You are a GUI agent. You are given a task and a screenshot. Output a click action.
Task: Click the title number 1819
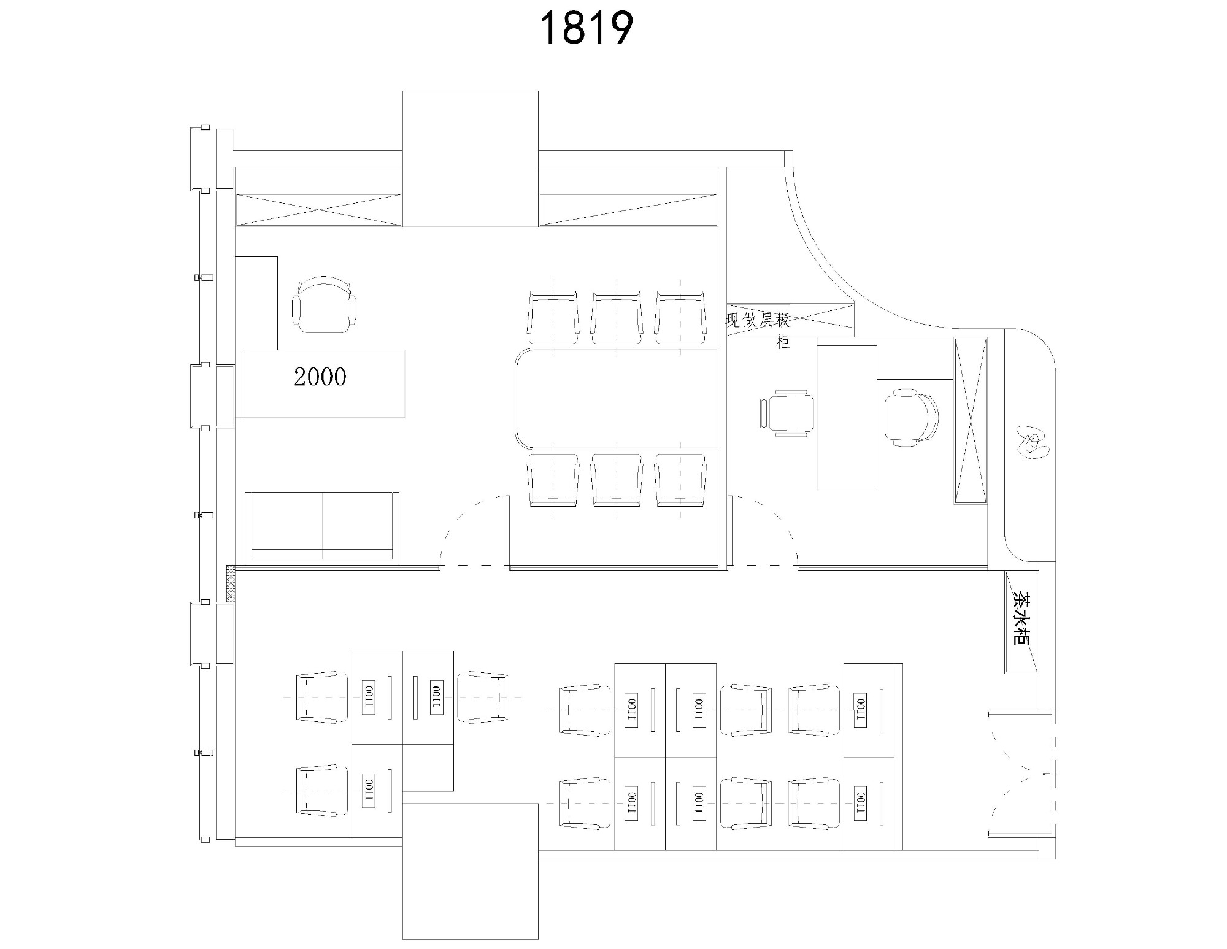(x=586, y=29)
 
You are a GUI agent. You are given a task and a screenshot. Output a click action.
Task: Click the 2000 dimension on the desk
(x=320, y=377)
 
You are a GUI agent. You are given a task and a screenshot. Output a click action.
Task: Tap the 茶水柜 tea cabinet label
(x=1020, y=618)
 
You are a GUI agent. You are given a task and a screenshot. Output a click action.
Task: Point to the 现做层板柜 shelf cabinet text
(x=758, y=329)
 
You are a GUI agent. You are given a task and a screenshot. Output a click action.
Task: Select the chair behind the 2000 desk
(x=325, y=304)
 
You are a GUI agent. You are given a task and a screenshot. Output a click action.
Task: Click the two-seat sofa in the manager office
(x=322, y=526)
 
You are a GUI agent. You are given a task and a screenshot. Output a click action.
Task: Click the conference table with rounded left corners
(x=616, y=398)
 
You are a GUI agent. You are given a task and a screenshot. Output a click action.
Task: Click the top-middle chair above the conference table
(x=617, y=317)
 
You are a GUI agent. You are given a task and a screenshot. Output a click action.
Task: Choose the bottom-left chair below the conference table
(x=553, y=480)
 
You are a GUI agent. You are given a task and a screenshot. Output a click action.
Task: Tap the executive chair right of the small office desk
(x=911, y=417)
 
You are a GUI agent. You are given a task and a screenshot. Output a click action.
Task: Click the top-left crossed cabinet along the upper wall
(x=319, y=209)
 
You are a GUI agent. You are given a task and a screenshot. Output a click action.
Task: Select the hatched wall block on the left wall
(x=231, y=584)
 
